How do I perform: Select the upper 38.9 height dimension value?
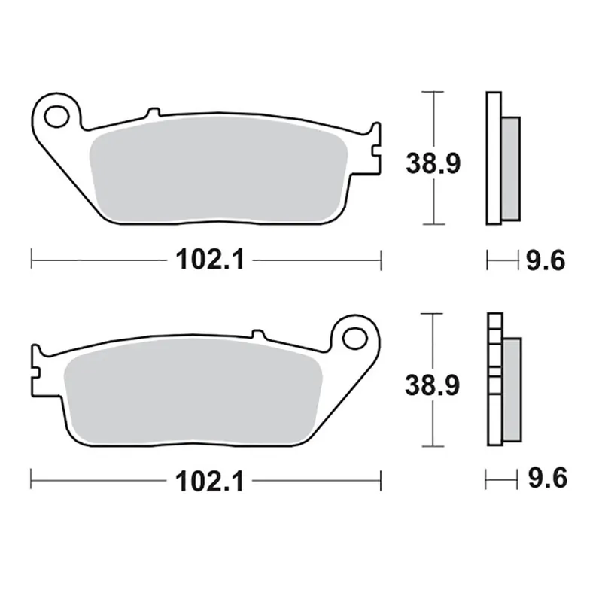(x=433, y=162)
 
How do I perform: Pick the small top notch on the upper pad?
(x=154, y=113)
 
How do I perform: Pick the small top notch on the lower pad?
(x=257, y=333)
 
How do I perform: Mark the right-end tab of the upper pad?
(x=374, y=147)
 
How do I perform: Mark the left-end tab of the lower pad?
(x=35, y=369)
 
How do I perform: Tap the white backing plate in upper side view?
(x=493, y=158)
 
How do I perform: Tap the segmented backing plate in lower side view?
(x=493, y=380)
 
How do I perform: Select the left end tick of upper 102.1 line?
(x=32, y=260)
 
